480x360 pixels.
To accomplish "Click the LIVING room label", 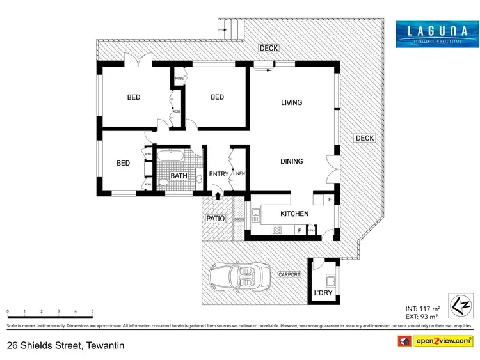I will (x=291, y=102).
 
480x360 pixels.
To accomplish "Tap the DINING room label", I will (x=291, y=161).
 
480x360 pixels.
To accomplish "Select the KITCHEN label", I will (x=294, y=214).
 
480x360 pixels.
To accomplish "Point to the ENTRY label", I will (x=218, y=174).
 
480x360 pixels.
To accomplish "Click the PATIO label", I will (x=215, y=219).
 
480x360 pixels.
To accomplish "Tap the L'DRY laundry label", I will (x=323, y=293).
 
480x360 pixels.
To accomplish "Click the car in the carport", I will (x=236, y=276).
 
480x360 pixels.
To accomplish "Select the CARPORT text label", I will (x=289, y=274).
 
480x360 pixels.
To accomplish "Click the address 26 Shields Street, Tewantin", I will (x=65, y=346).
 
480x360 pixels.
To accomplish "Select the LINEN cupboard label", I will (x=239, y=173).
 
